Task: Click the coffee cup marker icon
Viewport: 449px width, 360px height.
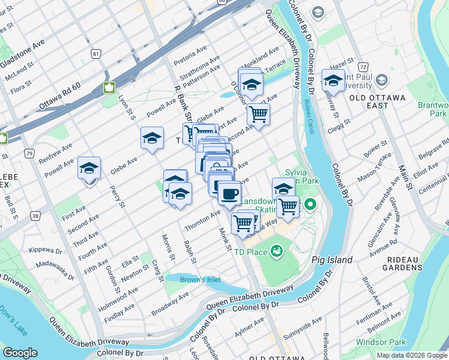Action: pyautogui.click(x=229, y=194)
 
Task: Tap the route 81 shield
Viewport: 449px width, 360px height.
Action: pyautogui.click(x=96, y=54)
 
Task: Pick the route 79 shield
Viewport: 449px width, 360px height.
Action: pyautogui.click(x=29, y=154)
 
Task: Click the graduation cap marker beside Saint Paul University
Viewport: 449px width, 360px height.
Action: pyautogui.click(x=333, y=80)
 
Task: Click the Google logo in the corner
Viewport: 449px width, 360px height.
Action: pyautogui.click(x=20, y=353)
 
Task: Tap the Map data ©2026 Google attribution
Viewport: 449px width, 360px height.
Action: pyautogui.click(x=411, y=355)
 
